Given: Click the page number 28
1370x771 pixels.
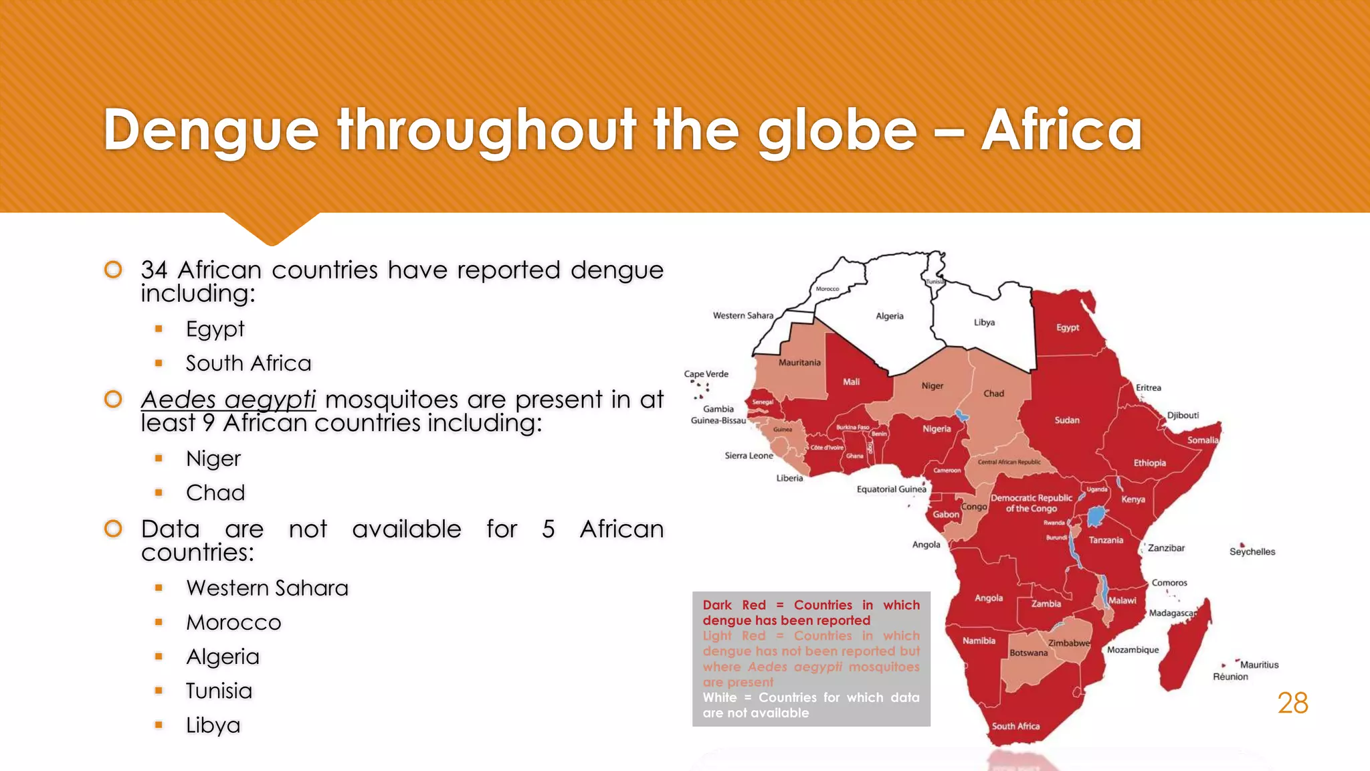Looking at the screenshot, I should point(1292,703).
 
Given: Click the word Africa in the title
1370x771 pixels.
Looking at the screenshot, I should point(1062,131).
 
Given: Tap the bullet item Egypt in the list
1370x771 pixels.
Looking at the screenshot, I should point(215,329).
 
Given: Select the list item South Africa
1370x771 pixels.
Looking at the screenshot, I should point(248,363).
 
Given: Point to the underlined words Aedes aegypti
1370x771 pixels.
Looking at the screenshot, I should point(228,400).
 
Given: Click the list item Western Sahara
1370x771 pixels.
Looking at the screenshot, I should point(267,588).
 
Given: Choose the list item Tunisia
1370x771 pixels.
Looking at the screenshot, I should point(219,691).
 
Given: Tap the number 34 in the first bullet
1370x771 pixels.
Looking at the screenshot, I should point(154,270).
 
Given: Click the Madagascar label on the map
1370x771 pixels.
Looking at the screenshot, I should point(1173,613).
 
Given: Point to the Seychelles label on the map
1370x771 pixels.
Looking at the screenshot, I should point(1252,552).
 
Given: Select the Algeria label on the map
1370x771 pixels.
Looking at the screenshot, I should point(890,316).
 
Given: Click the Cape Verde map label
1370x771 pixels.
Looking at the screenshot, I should point(706,374).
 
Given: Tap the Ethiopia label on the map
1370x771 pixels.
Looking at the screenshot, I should point(1149,463).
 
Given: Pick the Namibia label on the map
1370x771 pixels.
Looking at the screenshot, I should point(979,641).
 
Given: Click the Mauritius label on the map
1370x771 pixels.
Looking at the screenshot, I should point(1259,665).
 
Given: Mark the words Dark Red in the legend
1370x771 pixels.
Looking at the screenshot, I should point(734,605).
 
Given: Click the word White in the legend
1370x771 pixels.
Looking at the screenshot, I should point(719,697).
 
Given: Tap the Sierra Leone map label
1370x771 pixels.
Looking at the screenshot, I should point(749,456).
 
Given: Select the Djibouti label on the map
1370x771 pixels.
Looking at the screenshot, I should point(1183,416).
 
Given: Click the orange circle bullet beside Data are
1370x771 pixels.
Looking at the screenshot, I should point(113,529).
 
